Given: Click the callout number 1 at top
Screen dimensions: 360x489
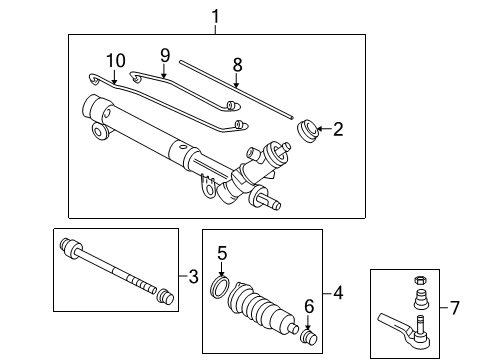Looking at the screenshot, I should (214, 16).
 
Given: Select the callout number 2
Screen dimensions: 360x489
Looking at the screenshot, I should (338, 128).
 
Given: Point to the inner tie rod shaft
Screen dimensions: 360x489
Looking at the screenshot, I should (110, 269).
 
